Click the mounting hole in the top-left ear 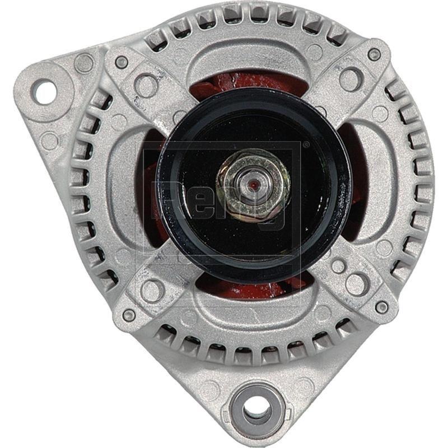(44, 91)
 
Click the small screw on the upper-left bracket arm (121, 62)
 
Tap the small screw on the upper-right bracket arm (374, 54)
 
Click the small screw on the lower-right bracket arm (382, 306)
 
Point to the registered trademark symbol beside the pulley (305, 144)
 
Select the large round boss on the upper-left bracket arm (147, 85)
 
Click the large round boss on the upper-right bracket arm (351, 79)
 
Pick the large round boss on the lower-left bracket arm (152, 290)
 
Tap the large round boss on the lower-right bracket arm (356, 283)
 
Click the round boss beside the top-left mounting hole (84, 63)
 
